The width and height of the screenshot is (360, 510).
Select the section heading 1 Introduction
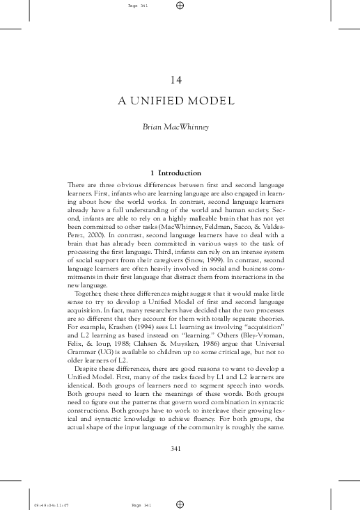tap(180, 173)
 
